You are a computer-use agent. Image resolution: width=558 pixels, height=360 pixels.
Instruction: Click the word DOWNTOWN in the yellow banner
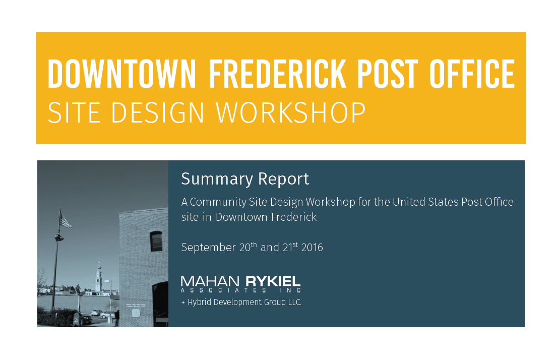coord(121,74)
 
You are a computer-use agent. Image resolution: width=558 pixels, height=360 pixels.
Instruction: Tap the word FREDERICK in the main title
coord(277,74)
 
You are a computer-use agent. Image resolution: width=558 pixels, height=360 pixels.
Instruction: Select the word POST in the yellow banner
coord(388,74)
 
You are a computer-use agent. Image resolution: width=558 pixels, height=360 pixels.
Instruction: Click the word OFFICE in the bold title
coord(472,74)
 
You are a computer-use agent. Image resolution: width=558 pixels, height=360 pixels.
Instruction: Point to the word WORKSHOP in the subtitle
coord(291,113)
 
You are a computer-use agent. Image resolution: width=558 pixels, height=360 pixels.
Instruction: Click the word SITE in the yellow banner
coord(74,113)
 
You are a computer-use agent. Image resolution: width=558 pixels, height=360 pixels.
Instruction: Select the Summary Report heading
coord(245,179)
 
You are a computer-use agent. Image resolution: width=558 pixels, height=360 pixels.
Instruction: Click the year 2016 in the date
coord(312,248)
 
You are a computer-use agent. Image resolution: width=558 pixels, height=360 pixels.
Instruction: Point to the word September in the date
coord(209,248)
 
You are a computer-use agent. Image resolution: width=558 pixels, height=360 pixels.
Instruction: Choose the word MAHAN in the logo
coord(210,281)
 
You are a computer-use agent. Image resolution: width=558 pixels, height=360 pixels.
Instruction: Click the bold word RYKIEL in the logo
coord(273,281)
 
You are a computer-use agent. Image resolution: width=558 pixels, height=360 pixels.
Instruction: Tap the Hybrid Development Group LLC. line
coord(241,303)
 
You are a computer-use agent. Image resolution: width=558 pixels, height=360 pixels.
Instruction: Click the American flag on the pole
coord(65,220)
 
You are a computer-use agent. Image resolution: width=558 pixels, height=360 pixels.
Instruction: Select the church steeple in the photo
coord(98,277)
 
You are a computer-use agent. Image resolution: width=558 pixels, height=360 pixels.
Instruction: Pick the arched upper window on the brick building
coord(156,241)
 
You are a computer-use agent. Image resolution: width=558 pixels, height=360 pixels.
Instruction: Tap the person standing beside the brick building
coord(117,318)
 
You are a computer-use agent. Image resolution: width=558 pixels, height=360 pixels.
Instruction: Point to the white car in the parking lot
coord(96,313)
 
